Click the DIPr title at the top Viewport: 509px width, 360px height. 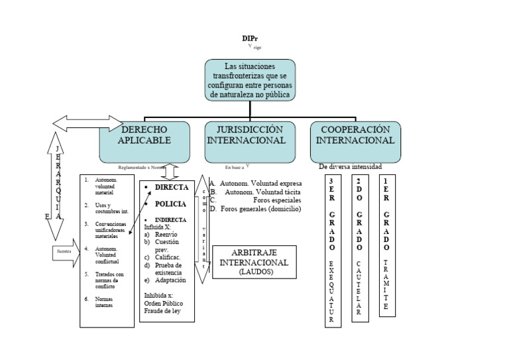pos(250,38)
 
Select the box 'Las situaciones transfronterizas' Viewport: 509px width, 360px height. pos(250,80)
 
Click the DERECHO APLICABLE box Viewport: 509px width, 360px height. pos(144,141)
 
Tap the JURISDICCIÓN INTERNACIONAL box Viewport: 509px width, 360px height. pos(247,141)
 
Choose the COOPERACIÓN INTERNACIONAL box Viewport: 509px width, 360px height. pos(355,141)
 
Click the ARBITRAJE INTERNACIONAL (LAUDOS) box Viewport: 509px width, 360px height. pos(254,262)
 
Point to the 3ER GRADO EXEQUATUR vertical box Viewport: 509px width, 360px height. pos(333,251)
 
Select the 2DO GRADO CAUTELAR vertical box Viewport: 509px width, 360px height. pos(360,248)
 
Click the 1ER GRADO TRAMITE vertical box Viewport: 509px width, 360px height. pos(388,245)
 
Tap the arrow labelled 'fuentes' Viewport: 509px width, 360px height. pos(65,253)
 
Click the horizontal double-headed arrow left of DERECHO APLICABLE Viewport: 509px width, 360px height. pos(87,123)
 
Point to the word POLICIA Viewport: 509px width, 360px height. pos(170,204)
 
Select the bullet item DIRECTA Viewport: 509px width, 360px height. pos(172,188)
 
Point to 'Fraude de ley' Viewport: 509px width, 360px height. pos(163,311)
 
